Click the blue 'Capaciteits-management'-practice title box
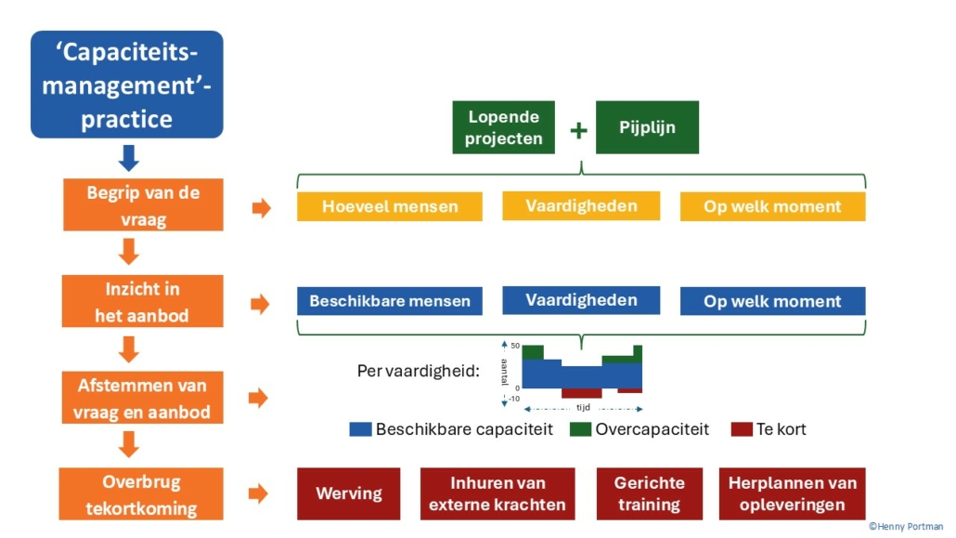(127, 84)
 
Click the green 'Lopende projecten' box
(503, 127)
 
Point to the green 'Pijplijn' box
(647, 127)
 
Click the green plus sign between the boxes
(578, 129)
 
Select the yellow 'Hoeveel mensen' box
(390, 206)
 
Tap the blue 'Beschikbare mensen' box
(390, 301)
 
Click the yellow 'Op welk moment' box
(772, 206)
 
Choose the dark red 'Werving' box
(348, 493)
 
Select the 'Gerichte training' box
(649, 493)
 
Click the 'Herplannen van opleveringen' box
(792, 493)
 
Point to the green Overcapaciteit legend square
(580, 429)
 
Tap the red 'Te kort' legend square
(742, 429)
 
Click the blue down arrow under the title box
(129, 158)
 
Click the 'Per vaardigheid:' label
(418, 371)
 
